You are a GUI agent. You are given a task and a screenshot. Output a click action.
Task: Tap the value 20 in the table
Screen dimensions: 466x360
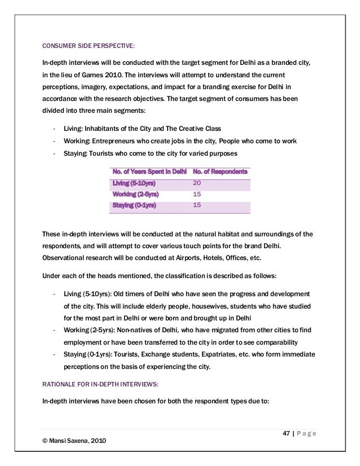coord(197,183)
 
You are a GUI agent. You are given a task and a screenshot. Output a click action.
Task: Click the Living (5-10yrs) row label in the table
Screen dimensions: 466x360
coord(134,183)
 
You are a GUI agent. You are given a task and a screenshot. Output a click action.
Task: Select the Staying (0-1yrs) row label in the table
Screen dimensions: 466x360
coord(134,205)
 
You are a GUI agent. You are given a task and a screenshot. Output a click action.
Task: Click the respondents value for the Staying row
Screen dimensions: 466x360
coord(197,205)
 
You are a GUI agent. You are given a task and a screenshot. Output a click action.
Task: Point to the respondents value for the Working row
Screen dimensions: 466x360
coord(197,194)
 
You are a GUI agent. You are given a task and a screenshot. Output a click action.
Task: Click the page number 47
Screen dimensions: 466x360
coord(286,433)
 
